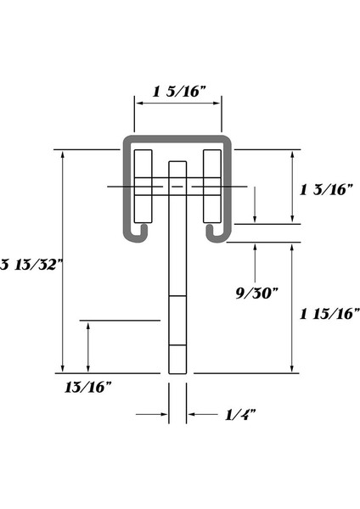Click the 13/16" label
point(88,388)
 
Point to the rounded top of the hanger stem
point(177,164)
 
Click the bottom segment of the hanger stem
point(177,359)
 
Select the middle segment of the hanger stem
point(177,321)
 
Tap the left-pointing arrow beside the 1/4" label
point(195,414)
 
